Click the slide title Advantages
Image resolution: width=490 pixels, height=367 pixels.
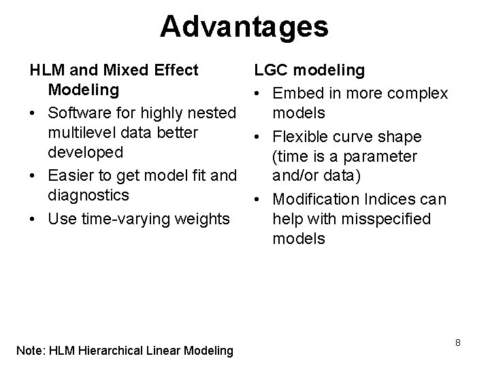[x=244, y=27]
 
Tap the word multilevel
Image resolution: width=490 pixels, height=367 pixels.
[x=81, y=131]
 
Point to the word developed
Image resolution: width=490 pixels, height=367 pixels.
[x=85, y=152]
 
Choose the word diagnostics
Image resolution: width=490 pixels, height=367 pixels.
[x=88, y=196]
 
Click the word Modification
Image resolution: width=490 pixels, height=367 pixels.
[x=314, y=199]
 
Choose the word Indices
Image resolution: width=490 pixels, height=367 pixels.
[x=391, y=199]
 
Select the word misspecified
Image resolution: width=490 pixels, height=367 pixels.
[x=386, y=219]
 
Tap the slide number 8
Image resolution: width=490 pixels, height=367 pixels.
[x=458, y=343]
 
